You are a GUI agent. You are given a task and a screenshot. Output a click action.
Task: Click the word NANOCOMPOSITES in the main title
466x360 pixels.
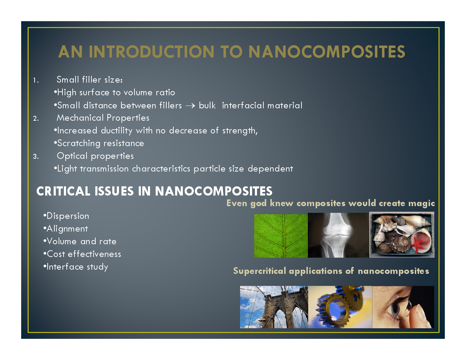(327, 52)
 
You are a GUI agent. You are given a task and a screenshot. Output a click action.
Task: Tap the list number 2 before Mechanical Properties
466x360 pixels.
(36, 119)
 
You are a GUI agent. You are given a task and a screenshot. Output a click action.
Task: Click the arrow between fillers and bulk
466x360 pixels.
(190, 106)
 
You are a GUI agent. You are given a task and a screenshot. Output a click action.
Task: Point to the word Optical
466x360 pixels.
(72, 156)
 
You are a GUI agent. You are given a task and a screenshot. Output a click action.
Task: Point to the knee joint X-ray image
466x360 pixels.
(338, 235)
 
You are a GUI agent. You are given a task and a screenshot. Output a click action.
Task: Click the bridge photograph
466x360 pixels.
(274, 307)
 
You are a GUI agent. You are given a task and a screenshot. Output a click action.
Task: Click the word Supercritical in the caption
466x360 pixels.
(259, 271)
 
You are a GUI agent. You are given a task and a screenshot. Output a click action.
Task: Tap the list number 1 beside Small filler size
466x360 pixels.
(35, 80)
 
